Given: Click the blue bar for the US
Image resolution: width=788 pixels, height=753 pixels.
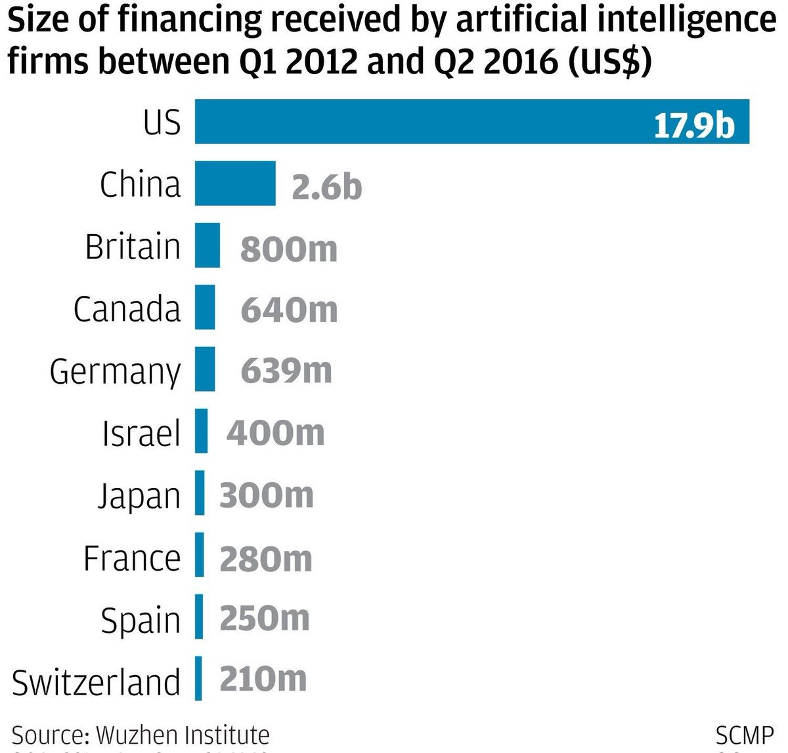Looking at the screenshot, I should [x=471, y=121].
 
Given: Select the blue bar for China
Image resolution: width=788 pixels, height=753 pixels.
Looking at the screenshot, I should [x=235, y=184].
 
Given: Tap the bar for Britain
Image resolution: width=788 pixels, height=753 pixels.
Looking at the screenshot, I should [x=208, y=245].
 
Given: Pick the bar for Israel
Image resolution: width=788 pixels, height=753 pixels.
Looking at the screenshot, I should [x=202, y=431].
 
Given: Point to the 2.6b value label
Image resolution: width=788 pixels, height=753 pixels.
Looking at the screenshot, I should [x=326, y=187].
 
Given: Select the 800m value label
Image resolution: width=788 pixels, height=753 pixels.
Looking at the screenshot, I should [x=289, y=249].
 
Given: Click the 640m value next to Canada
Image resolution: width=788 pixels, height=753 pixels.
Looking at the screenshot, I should [x=289, y=310].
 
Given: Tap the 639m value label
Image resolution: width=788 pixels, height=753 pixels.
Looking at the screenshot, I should [x=286, y=371].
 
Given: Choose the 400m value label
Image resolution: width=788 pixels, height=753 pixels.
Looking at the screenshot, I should [x=275, y=433].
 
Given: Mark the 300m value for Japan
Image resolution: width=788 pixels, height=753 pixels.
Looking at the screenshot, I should [x=266, y=495].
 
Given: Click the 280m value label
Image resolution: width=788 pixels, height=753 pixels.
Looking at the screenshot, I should [x=265, y=558].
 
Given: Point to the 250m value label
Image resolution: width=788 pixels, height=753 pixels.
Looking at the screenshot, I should [x=264, y=619].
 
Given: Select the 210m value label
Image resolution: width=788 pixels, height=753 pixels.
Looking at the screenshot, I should [x=263, y=679].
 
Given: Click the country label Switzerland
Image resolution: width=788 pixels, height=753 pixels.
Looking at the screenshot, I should [x=96, y=682].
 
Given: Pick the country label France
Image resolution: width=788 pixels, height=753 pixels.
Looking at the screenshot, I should [x=131, y=559].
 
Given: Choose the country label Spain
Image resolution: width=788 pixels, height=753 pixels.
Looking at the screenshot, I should [x=141, y=620].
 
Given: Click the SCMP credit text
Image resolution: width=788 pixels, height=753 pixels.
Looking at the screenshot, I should [x=744, y=735].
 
